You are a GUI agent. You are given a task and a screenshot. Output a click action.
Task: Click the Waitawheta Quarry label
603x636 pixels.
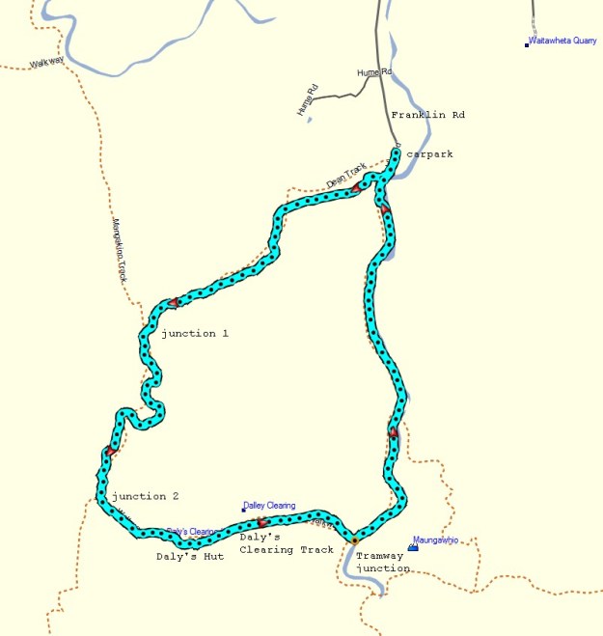(x=562, y=41)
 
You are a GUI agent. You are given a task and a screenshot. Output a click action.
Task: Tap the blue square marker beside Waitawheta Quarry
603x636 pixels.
(x=527, y=44)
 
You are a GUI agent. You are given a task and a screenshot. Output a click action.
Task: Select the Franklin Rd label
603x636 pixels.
(x=427, y=115)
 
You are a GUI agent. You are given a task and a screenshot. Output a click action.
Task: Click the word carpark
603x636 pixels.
(x=429, y=153)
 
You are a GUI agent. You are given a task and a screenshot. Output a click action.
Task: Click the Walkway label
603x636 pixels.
(x=45, y=63)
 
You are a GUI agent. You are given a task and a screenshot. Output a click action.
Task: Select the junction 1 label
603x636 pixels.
(x=195, y=333)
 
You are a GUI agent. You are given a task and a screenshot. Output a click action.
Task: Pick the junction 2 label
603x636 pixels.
(x=146, y=496)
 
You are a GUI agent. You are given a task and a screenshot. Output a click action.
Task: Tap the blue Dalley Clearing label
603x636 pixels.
(x=271, y=505)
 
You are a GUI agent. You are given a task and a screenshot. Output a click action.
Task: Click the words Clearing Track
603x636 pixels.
(x=287, y=549)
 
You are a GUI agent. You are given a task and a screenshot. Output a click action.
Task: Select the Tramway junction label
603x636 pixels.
(x=383, y=563)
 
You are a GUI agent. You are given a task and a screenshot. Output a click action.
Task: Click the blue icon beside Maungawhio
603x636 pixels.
(x=413, y=547)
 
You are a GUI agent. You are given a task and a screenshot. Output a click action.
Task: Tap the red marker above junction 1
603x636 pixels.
(x=174, y=303)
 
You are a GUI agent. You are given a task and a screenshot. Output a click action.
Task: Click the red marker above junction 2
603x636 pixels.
(x=112, y=451)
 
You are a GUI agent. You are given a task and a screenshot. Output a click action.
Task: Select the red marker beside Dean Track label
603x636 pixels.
(x=356, y=188)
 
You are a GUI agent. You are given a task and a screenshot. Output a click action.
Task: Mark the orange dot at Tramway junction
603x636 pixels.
(x=354, y=538)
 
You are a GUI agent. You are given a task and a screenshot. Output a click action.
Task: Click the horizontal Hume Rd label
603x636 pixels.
(x=374, y=72)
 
